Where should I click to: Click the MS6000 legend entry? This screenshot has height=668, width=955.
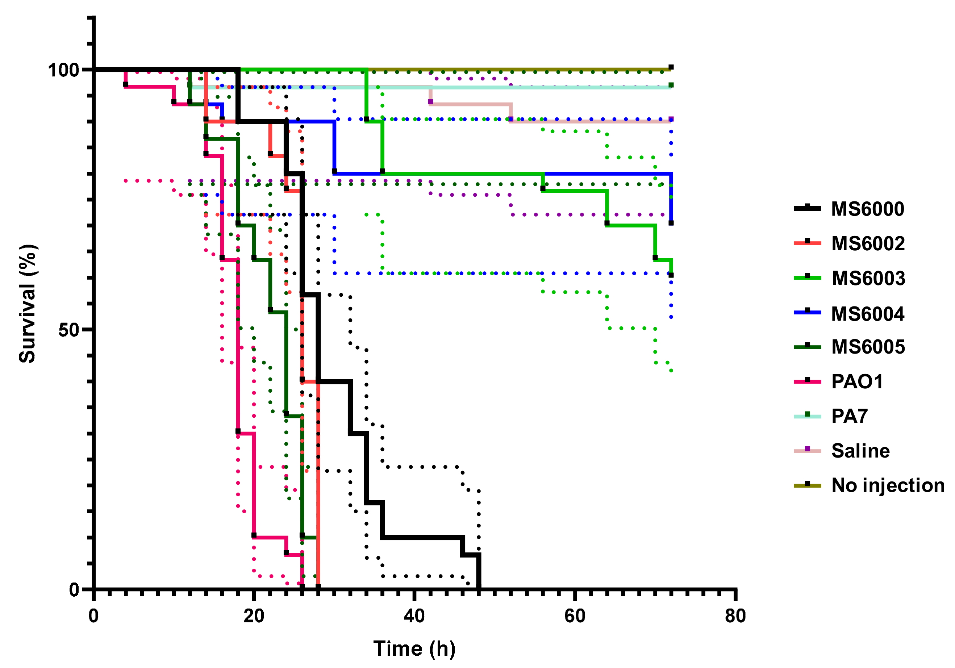[867, 209]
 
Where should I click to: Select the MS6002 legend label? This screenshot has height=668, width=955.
[868, 243]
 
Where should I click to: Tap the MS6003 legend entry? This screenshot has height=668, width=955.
[868, 278]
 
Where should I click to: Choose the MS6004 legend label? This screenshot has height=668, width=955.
[868, 314]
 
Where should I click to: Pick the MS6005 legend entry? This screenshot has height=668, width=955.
[868, 347]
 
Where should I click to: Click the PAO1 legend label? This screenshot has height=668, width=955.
[857, 381]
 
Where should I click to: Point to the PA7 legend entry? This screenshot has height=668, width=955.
[849, 416]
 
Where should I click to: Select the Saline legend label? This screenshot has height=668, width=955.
[860, 451]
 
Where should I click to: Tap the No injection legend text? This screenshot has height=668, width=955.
[888, 485]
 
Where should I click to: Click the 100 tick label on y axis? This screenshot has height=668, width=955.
[63, 70]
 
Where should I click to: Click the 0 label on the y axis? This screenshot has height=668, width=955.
[74, 589]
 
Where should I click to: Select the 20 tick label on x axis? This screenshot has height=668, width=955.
[254, 616]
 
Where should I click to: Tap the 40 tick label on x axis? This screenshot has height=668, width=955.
[414, 616]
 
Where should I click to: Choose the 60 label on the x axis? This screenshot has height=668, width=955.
[575, 616]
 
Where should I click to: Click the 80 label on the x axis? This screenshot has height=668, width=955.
[735, 616]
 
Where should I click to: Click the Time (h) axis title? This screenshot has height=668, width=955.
[414, 649]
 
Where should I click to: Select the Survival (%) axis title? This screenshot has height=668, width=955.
[28, 304]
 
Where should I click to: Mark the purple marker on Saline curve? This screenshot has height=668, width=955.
[430, 102]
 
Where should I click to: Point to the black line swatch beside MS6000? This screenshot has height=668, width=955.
[807, 208]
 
